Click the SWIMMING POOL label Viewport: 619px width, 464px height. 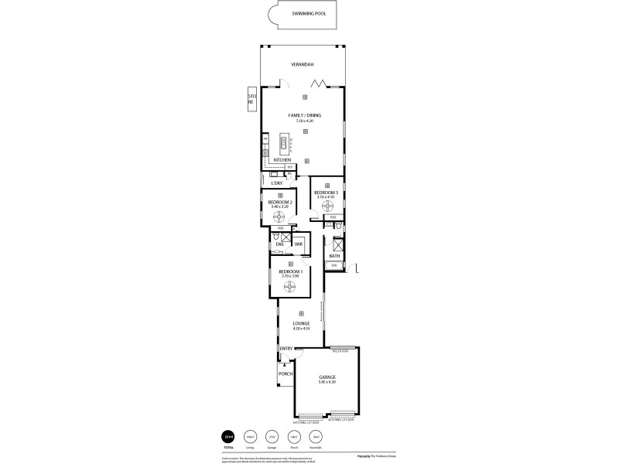[x=308, y=14]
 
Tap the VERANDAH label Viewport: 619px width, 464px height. [x=301, y=65]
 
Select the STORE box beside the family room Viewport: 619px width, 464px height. [x=251, y=98]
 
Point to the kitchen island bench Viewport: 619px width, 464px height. [x=283, y=144]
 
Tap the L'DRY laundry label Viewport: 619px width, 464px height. [x=275, y=183]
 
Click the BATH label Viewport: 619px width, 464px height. [x=334, y=255]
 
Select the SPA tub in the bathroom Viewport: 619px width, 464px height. [x=334, y=266]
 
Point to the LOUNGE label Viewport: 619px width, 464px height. [x=302, y=324]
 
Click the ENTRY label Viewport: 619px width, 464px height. [x=286, y=349]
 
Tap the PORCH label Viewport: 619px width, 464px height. [x=286, y=373]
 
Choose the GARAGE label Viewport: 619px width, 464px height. [x=327, y=377]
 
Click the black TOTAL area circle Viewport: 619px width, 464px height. [x=227, y=436]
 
